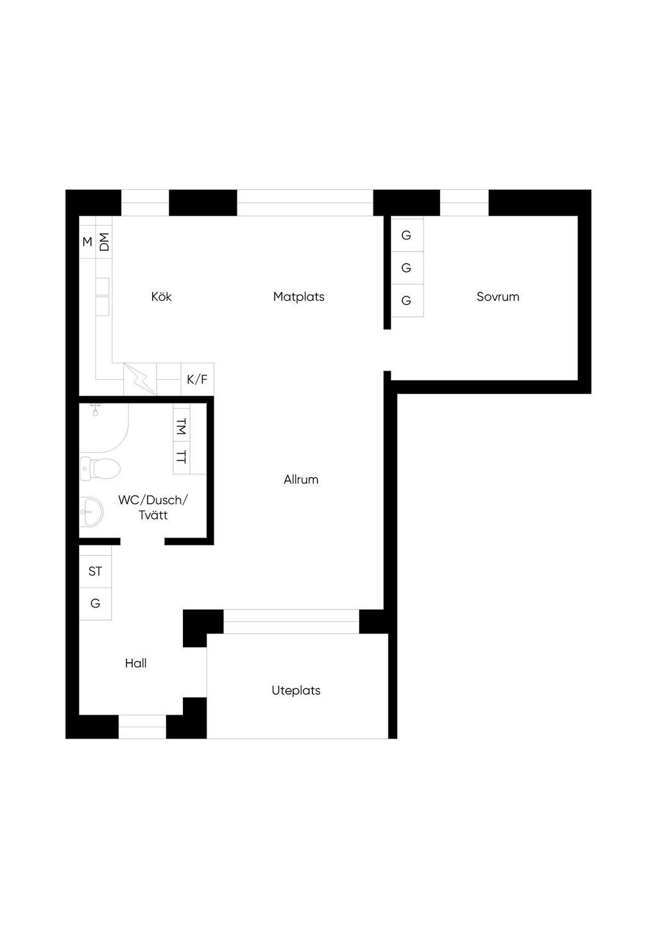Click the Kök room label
click(161, 296)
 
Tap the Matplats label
click(298, 297)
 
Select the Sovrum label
click(498, 297)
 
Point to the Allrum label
click(301, 479)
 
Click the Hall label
click(135, 663)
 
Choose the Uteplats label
click(296, 690)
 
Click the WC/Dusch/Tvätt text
click(153, 507)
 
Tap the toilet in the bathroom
click(100, 468)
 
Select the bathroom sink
click(91, 512)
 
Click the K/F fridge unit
click(198, 379)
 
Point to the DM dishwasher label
click(104, 242)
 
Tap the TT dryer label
click(182, 457)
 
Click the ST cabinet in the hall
click(96, 572)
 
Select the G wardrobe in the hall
click(96, 604)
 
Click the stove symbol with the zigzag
click(141, 379)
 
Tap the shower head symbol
click(95, 410)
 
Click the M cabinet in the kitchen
click(87, 242)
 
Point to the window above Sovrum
click(464, 203)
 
